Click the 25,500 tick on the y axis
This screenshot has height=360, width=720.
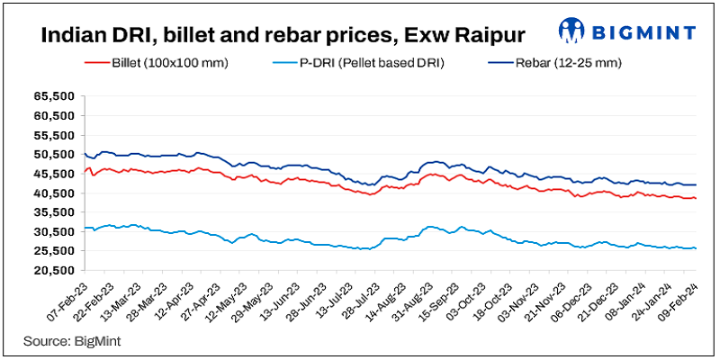point(54,271)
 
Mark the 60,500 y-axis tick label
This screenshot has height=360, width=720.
point(54,115)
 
